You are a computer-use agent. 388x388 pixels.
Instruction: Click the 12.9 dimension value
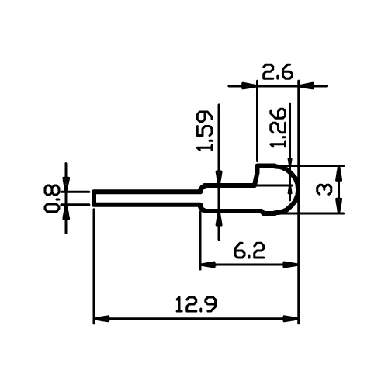(x=196, y=304)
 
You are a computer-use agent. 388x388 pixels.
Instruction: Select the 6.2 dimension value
(x=249, y=251)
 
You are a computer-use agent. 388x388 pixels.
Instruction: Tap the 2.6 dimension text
(x=278, y=71)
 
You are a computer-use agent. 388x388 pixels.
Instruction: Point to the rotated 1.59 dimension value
(x=205, y=131)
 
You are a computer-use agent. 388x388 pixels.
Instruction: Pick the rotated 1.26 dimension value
(x=279, y=127)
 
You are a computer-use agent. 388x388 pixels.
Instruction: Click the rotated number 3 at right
(x=324, y=189)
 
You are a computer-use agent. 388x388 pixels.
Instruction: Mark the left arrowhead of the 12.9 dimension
(x=102, y=319)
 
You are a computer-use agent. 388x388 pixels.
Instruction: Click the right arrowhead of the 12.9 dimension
(x=291, y=319)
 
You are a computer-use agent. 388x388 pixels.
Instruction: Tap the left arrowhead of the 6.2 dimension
(x=208, y=265)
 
